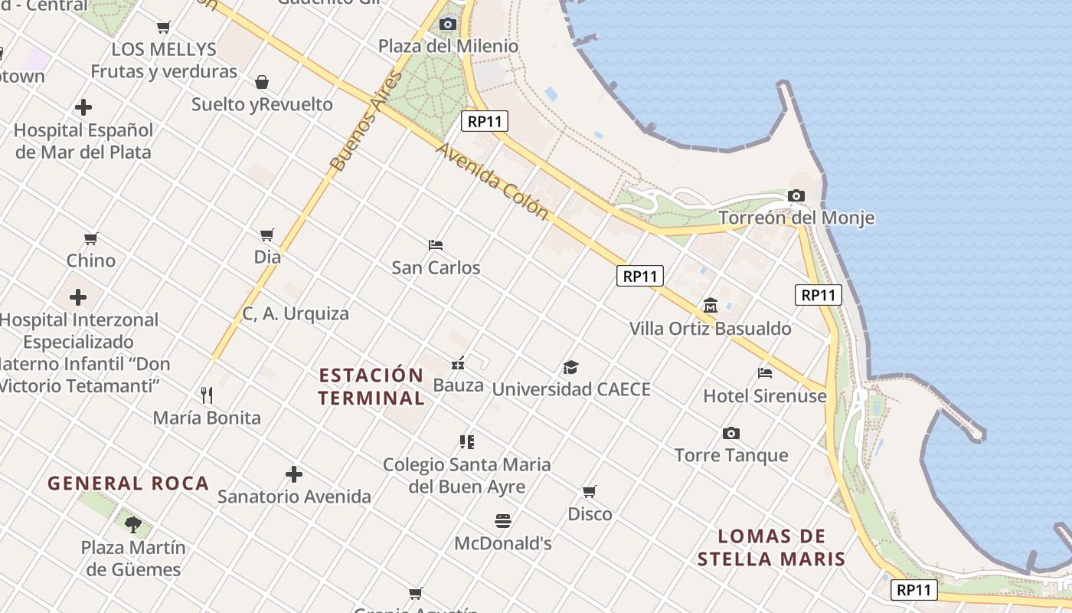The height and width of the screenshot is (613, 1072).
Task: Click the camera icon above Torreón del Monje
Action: point(796,196)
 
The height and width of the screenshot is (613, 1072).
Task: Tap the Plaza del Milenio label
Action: point(448,46)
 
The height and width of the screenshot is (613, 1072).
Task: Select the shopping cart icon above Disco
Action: point(589,491)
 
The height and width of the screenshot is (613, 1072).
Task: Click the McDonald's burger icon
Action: point(503,522)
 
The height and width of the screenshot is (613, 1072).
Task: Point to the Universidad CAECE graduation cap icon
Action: point(570,367)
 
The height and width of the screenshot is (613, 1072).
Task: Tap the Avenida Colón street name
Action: point(492,181)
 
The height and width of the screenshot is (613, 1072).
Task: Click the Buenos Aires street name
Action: point(366,121)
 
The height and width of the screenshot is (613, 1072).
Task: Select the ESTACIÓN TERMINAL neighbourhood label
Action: point(371,387)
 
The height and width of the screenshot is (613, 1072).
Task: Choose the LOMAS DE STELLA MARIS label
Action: point(772,547)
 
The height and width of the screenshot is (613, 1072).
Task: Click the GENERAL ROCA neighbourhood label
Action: point(129,484)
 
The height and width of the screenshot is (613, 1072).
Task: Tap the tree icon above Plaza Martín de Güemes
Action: point(133,525)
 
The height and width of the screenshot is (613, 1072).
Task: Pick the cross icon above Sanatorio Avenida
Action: point(294,474)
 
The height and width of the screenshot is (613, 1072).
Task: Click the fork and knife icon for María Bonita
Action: point(207,395)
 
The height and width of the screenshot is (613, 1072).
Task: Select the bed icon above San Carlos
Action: point(436,245)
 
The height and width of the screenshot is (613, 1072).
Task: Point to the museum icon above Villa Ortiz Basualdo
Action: point(710,306)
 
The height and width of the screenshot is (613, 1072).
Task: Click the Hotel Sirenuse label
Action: point(765,396)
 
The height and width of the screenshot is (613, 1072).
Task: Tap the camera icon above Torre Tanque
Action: point(731,434)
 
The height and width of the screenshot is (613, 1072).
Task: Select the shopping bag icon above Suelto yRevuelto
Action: point(262,82)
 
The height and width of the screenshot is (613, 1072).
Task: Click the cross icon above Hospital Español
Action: point(83,107)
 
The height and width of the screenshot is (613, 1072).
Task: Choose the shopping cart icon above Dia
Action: point(267,234)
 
